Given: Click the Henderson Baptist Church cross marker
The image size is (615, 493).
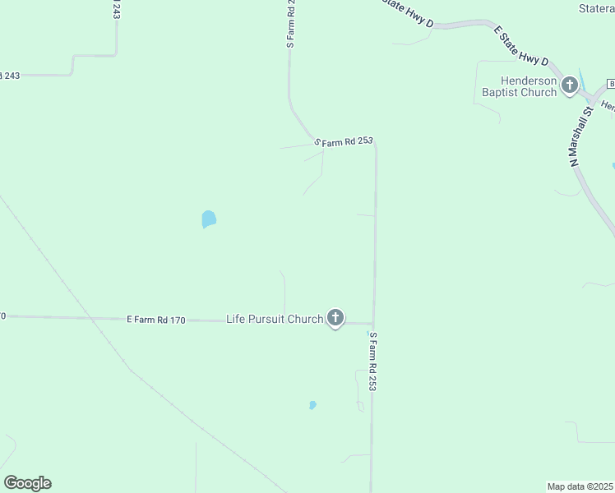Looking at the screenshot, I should (x=569, y=85).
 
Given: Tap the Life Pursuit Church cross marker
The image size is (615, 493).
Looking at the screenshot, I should (x=335, y=317).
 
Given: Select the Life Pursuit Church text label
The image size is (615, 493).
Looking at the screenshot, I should (x=274, y=319).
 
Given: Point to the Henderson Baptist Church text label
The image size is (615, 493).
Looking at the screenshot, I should (x=519, y=87).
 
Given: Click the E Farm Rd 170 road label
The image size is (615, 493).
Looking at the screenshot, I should (x=155, y=319).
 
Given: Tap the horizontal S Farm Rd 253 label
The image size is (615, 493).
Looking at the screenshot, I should (x=344, y=141).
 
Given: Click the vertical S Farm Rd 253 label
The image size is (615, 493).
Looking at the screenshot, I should (x=372, y=361).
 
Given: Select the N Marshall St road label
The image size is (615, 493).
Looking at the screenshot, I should (x=581, y=136).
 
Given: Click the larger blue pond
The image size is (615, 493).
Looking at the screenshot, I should (x=208, y=219).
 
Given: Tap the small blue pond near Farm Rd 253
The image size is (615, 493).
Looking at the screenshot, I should (x=312, y=405).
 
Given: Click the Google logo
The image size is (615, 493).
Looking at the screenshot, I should (x=28, y=483).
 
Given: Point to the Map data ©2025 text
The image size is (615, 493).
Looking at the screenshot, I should (x=580, y=486).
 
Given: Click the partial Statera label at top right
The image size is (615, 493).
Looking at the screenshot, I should (x=596, y=9).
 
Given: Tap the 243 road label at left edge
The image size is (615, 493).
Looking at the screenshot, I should (x=10, y=76).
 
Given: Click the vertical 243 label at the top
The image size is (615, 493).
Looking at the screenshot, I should (x=114, y=10).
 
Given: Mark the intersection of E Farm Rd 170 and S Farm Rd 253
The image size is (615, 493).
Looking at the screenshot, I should (x=374, y=323).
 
